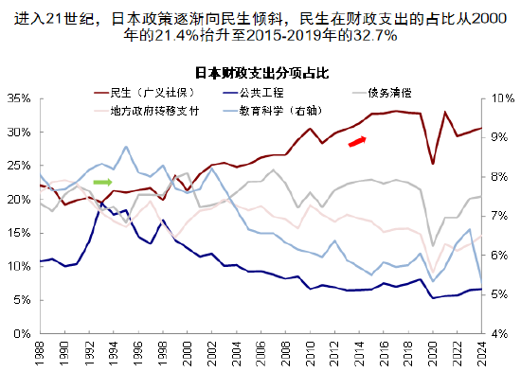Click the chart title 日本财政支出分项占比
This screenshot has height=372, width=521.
tap(260, 73)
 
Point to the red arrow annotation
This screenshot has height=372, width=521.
tap(356, 141)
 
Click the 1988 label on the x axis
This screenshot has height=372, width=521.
tap(40, 354)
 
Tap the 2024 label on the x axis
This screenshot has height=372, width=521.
tap(482, 354)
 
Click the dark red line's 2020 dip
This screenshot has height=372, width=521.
tap(433, 164)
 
